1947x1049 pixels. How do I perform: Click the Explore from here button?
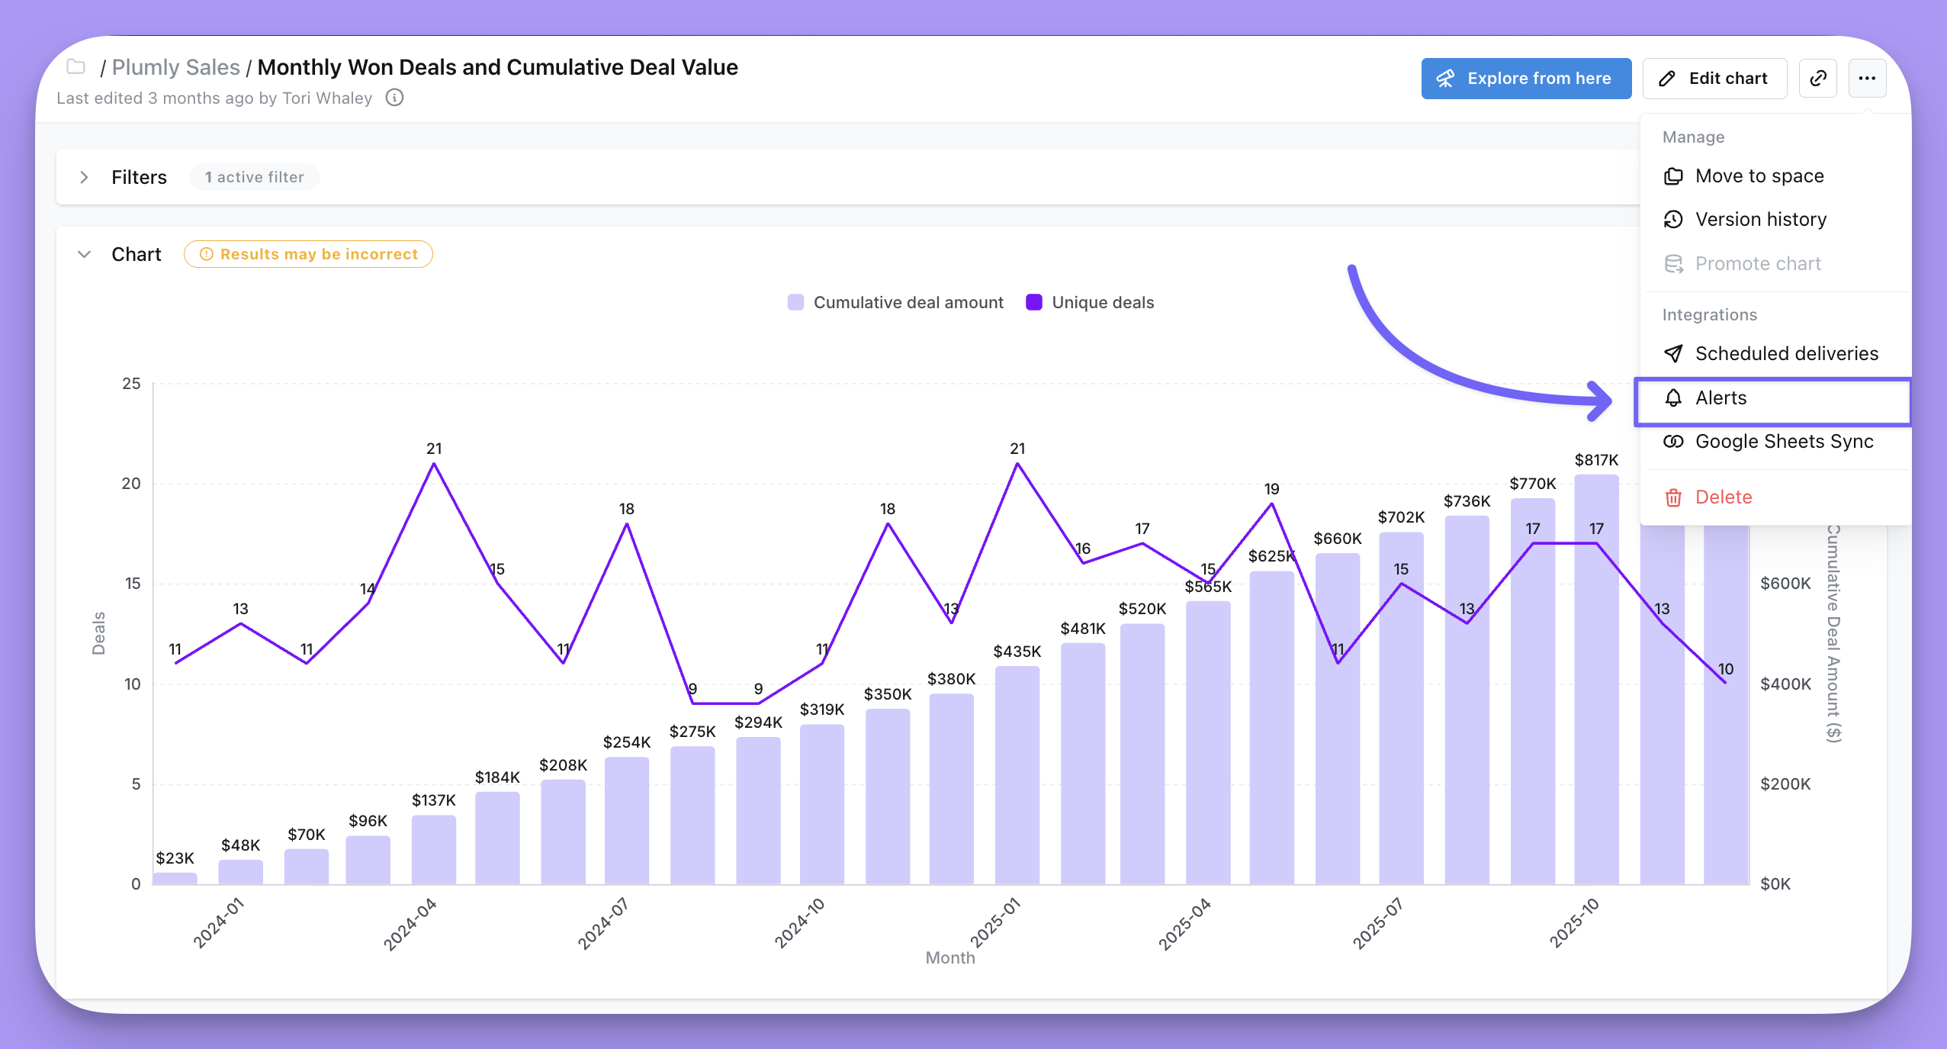coord(1525,79)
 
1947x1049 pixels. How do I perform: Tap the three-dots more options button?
coord(1866,79)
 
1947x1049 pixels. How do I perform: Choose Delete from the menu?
coord(1723,497)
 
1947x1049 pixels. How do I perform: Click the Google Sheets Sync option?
coord(1783,442)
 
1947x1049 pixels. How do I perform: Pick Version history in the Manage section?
coord(1760,220)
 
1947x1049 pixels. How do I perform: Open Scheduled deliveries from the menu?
coord(1785,354)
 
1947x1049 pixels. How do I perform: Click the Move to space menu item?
coord(1759,176)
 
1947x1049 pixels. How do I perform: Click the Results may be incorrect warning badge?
coord(308,255)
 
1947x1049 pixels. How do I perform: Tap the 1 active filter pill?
coord(254,178)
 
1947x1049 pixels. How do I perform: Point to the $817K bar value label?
coord(1595,460)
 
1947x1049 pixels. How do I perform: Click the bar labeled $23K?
coord(175,878)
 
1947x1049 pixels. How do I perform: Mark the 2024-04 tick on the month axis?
coord(410,923)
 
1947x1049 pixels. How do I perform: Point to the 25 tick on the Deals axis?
coord(131,384)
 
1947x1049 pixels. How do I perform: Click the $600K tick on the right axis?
coord(1785,584)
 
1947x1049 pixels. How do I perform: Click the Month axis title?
coord(949,958)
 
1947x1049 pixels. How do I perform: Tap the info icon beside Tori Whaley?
coord(394,98)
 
